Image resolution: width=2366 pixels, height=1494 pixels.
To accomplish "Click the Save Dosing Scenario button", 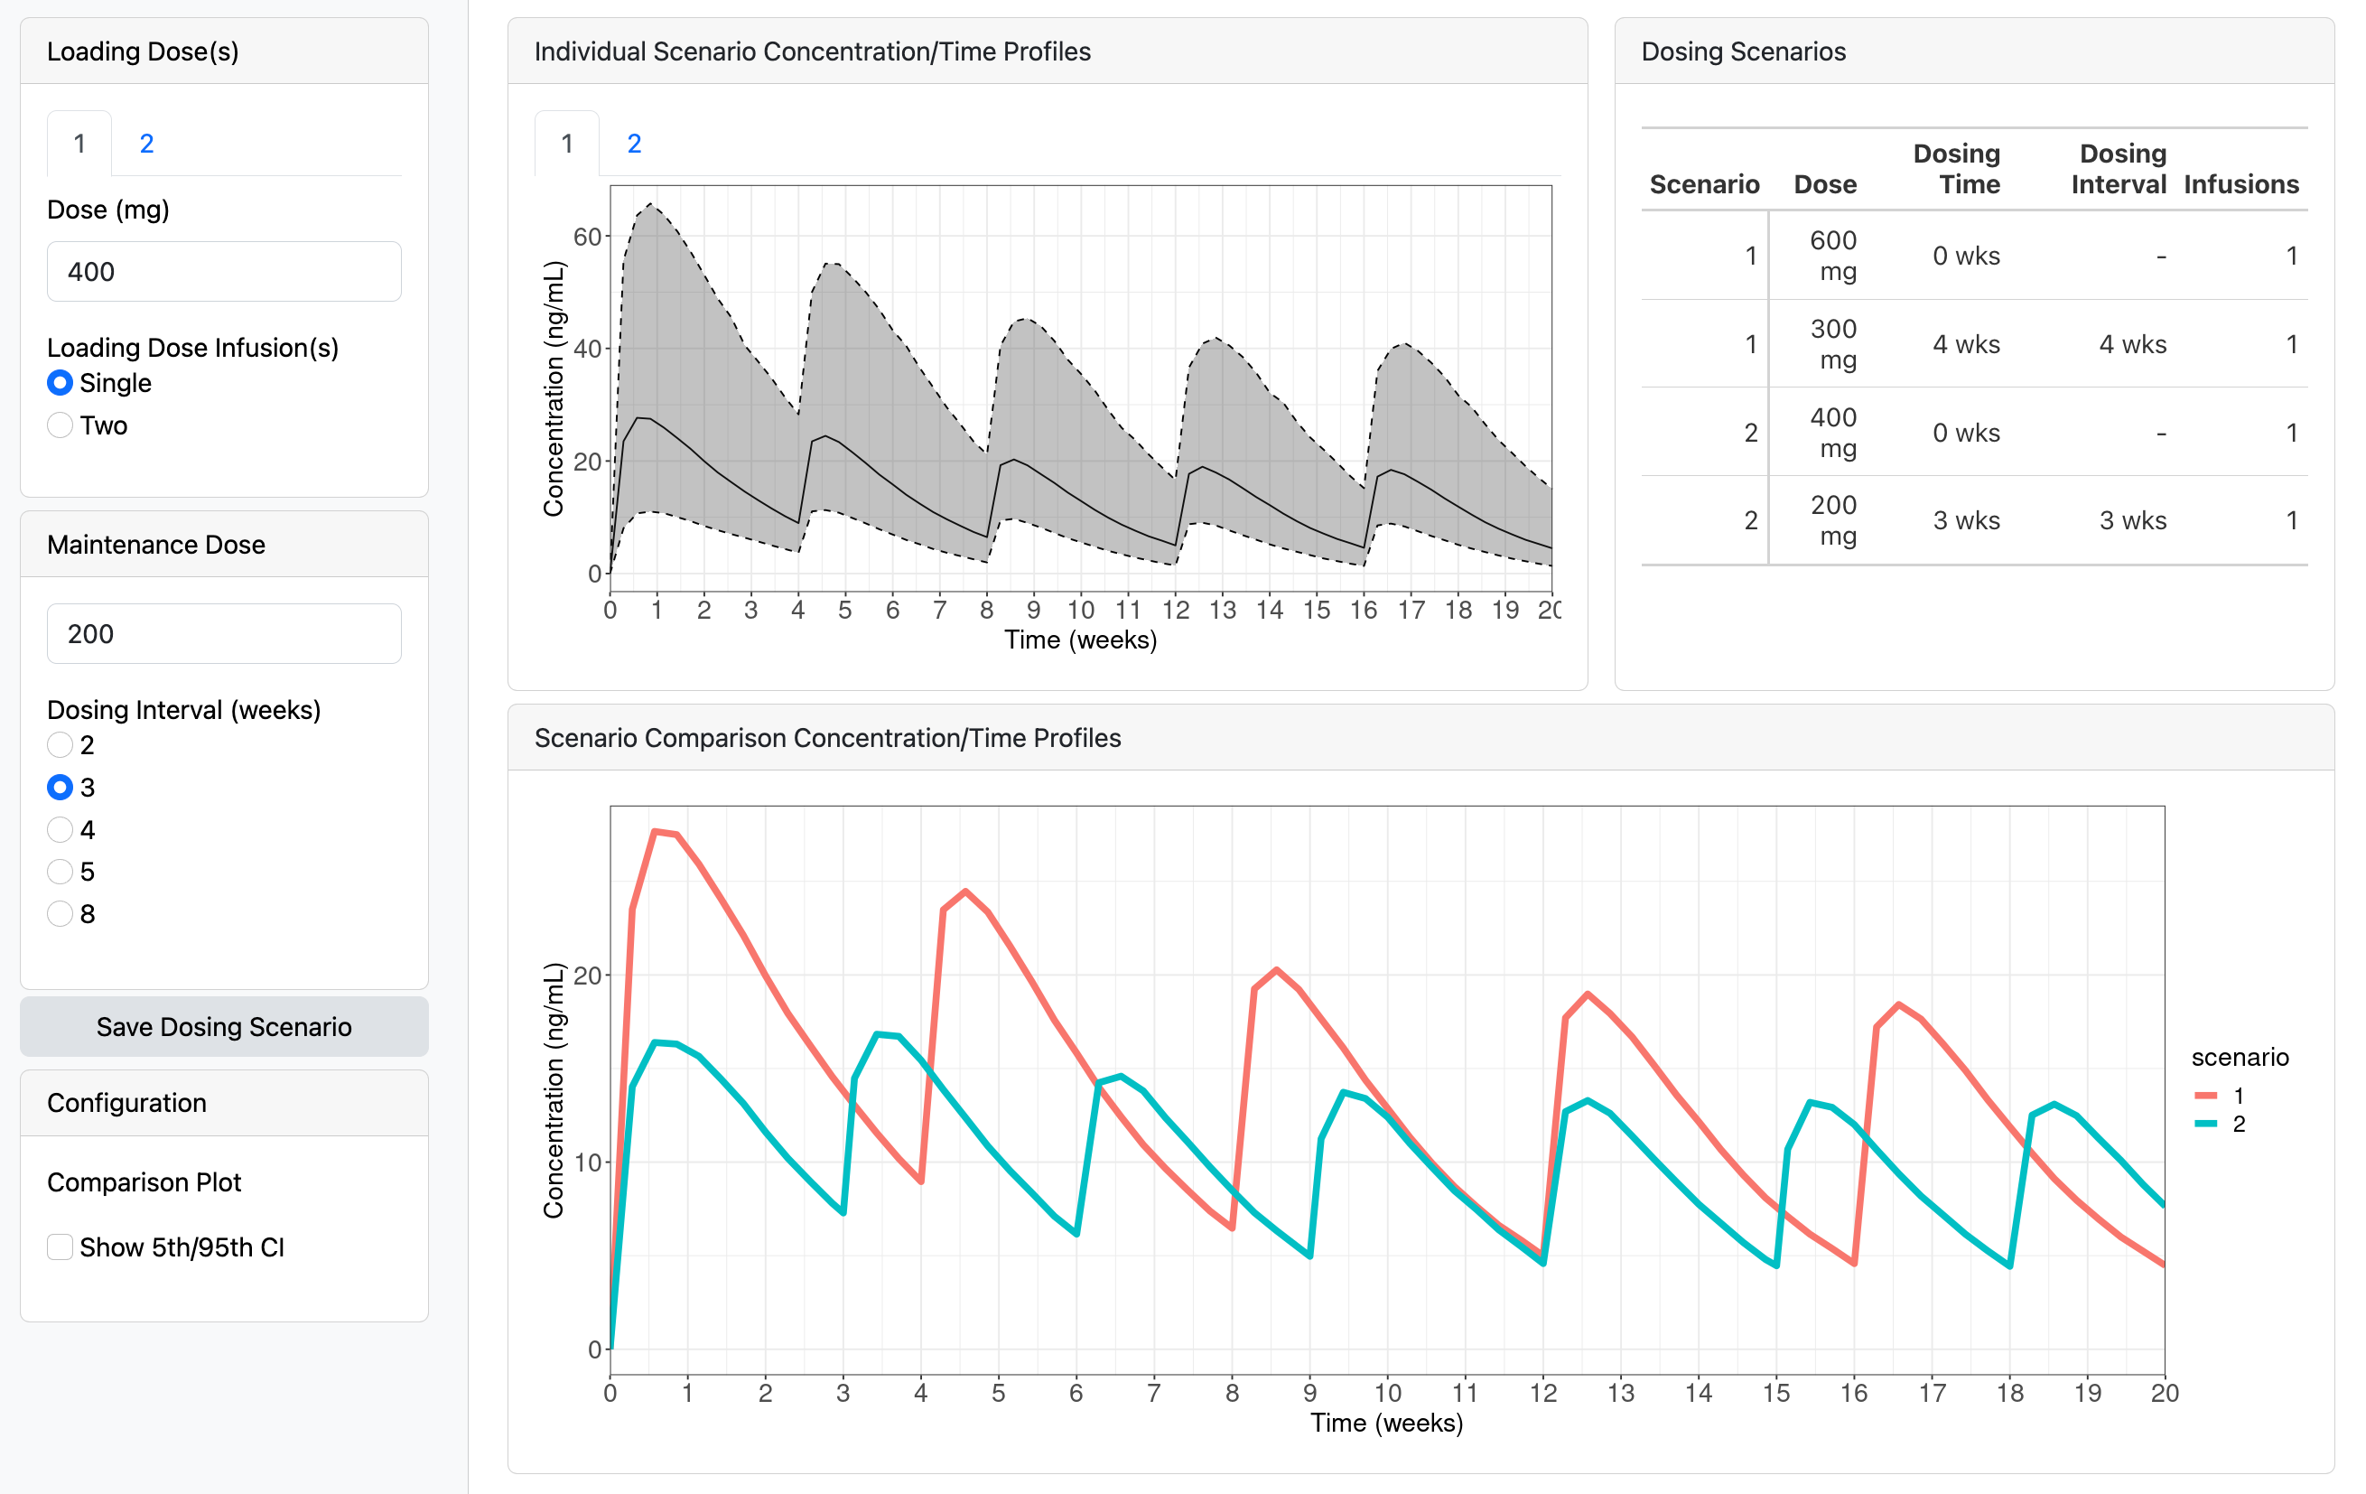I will tap(224, 1026).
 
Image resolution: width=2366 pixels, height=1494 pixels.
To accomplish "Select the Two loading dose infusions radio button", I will tap(60, 425).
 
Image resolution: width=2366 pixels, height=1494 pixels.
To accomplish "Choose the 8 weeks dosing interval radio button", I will tap(60, 914).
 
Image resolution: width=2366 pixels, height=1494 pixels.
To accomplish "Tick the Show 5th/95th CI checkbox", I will tap(60, 1247).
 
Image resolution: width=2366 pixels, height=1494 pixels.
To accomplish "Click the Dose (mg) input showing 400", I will tap(224, 271).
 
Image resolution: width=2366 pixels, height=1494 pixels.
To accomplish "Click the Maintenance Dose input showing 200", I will tap(224, 634).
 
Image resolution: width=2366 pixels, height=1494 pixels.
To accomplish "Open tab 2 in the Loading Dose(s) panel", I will tap(146, 144).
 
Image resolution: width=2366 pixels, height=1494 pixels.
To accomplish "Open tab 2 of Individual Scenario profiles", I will tap(634, 144).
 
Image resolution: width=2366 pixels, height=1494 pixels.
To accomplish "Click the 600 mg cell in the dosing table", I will tap(1832, 256).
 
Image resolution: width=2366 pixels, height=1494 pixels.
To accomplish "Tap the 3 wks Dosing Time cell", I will tap(1966, 520).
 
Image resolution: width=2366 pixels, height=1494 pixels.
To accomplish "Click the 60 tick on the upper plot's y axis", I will tap(587, 237).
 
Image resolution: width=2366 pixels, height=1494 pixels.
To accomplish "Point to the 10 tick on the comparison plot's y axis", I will tap(587, 1163).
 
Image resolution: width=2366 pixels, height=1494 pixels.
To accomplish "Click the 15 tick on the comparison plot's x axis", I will tap(1775, 1393).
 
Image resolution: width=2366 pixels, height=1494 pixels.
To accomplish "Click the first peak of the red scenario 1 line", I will tap(656, 832).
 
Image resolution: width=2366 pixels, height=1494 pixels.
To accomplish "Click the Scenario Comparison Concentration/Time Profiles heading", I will tap(827, 738).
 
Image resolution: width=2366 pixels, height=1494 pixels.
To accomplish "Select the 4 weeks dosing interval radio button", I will tap(60, 829).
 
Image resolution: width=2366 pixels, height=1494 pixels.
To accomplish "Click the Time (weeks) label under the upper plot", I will tap(1080, 640).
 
